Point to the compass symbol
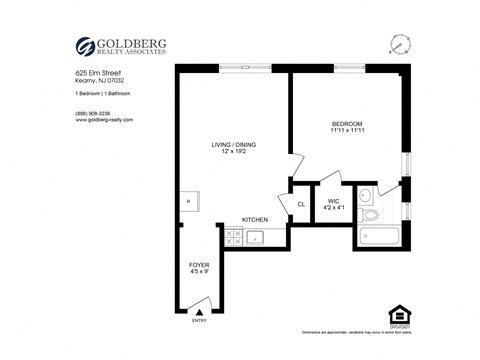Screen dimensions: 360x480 [401, 44]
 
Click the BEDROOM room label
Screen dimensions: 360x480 [347, 124]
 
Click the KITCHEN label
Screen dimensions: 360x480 [255, 220]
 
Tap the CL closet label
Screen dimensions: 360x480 [300, 205]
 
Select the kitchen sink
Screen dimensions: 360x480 [254, 237]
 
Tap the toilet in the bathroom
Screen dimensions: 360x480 [370, 214]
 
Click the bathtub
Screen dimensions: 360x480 [377, 238]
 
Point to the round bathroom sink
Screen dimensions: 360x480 [366, 194]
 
